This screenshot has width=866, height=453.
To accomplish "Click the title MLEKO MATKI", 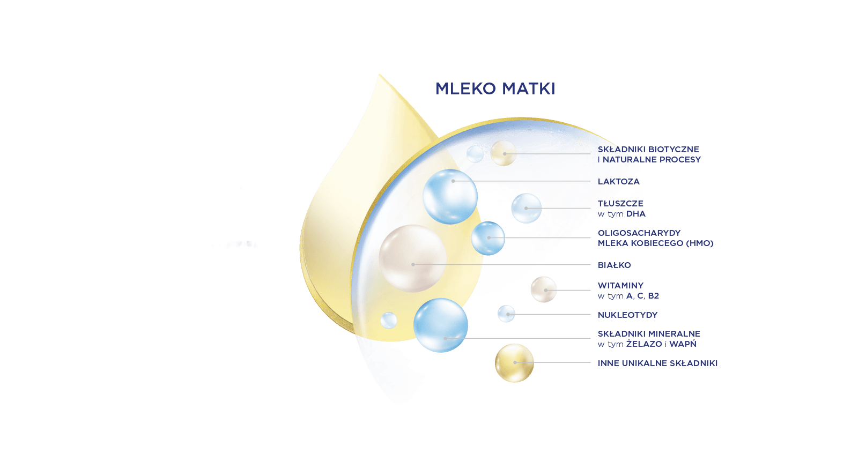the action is (495, 88).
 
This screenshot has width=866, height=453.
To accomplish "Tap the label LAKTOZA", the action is (619, 181).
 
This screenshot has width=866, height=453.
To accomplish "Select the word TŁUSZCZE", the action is (620, 203).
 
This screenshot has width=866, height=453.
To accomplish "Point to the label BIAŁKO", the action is (615, 265).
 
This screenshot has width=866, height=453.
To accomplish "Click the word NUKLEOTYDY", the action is (627, 315).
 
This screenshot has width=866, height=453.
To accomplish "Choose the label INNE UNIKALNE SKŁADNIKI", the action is (657, 363).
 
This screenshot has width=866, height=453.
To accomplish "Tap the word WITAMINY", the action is (620, 286).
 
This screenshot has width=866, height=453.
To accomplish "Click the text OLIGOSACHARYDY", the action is (639, 233).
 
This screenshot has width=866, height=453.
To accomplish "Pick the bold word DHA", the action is (636, 214).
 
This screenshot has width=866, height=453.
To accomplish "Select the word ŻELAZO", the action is (644, 344).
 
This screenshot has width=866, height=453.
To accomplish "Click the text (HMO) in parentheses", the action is (700, 243).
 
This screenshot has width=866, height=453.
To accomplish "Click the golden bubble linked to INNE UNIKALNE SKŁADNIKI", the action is (514, 363).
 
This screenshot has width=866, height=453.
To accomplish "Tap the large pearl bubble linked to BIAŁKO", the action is (412, 258).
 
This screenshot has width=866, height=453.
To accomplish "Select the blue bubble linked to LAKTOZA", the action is (450, 197).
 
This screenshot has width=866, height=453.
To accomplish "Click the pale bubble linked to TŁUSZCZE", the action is (526, 209).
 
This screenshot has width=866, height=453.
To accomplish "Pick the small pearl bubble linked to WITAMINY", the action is (544, 289).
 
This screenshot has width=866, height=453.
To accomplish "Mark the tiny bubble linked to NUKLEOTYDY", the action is (506, 314).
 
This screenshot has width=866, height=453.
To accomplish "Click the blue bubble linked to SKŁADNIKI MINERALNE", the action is (441, 325).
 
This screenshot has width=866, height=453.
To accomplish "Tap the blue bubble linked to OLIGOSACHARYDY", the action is (488, 238).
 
